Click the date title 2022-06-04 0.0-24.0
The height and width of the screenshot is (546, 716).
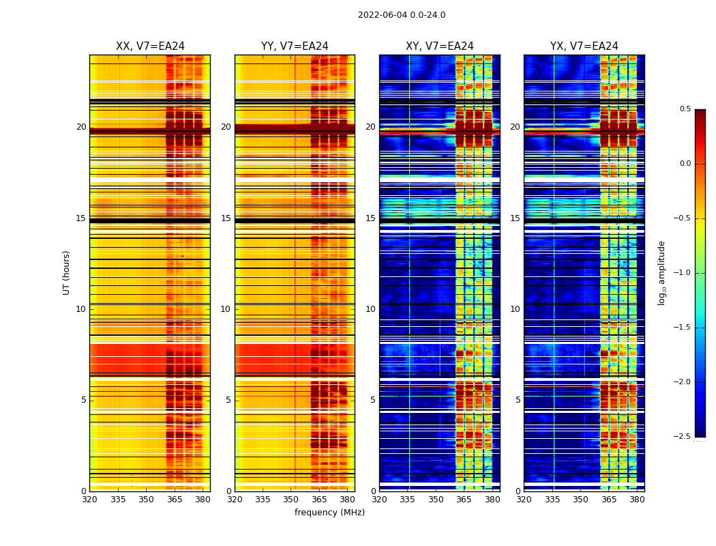pyautogui.click(x=401, y=15)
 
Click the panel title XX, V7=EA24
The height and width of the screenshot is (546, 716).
pyautogui.click(x=150, y=46)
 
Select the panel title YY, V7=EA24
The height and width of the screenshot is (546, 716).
pyautogui.click(x=295, y=46)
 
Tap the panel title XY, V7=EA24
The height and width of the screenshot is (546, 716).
pyautogui.click(x=440, y=46)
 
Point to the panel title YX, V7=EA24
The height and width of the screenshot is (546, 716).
pyautogui.click(x=584, y=46)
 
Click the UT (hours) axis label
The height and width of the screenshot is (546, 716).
pyautogui.click(x=67, y=272)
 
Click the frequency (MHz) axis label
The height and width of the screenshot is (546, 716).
pyautogui.click(x=329, y=513)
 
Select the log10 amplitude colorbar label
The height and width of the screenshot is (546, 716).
pyautogui.click(x=661, y=272)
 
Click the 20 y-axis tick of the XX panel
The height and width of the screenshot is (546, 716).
pyautogui.click(x=81, y=127)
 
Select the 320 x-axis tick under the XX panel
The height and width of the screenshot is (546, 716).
pyautogui.click(x=89, y=500)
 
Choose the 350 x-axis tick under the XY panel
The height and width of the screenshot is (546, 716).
pyautogui.click(x=436, y=500)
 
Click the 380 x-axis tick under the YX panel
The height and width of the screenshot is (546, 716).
pyautogui.click(x=637, y=500)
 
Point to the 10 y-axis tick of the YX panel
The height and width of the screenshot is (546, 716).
pyautogui.click(x=516, y=309)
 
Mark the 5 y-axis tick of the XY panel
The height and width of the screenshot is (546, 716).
pyautogui.click(x=373, y=400)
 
